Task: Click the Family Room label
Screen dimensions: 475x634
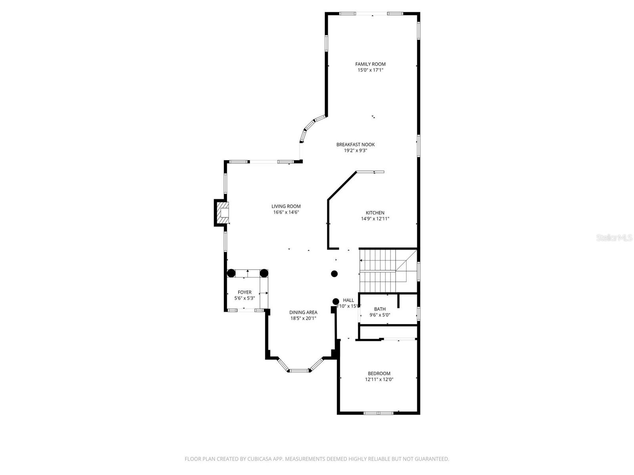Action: click(x=370, y=64)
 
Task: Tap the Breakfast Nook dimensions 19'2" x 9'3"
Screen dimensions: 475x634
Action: click(x=355, y=150)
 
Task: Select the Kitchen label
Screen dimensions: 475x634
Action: click(x=375, y=213)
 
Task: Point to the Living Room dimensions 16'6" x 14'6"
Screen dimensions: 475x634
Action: click(x=286, y=212)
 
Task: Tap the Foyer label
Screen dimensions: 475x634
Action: click(x=244, y=293)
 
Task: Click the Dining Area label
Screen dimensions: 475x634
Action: click(x=303, y=312)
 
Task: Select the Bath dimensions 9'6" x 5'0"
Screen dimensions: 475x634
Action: click(x=380, y=315)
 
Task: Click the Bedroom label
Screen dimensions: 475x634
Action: click(x=379, y=373)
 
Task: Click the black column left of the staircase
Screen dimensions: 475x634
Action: click(x=334, y=274)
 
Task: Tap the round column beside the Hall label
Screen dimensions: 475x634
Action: click(x=336, y=301)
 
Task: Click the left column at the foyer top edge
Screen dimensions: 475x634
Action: click(x=231, y=273)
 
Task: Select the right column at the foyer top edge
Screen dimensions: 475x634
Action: click(x=264, y=273)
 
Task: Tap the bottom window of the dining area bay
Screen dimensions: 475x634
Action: click(x=298, y=371)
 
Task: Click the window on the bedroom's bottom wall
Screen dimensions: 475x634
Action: click(x=378, y=413)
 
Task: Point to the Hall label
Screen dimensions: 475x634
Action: click(x=348, y=300)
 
